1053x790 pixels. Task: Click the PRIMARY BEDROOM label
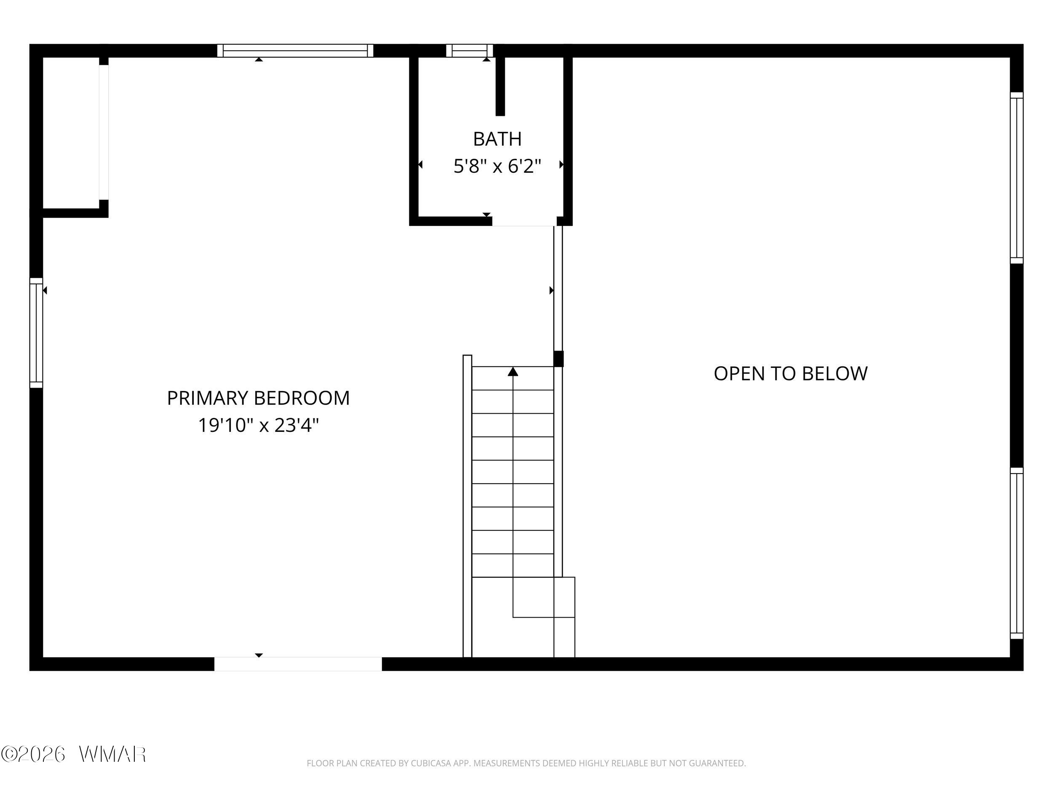point(258,398)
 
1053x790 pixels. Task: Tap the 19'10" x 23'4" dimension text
point(258,425)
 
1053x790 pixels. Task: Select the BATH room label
point(497,139)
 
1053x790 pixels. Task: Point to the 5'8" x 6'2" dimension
point(497,166)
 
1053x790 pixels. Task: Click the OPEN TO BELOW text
point(790,374)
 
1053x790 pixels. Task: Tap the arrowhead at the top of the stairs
point(513,372)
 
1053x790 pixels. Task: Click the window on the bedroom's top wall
point(295,51)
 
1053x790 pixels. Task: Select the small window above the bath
point(469,51)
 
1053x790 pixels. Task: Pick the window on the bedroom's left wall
point(36,333)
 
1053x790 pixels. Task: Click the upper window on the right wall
point(1016,178)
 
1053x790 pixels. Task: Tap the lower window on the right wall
point(1016,553)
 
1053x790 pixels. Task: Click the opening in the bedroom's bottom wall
point(298,664)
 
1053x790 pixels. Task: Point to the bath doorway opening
point(524,221)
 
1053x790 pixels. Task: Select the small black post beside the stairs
point(559,359)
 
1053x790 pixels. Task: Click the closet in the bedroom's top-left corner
point(71,133)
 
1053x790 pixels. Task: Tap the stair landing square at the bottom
point(544,597)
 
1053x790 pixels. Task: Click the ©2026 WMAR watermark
point(73,754)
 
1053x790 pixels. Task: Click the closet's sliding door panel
point(104,132)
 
